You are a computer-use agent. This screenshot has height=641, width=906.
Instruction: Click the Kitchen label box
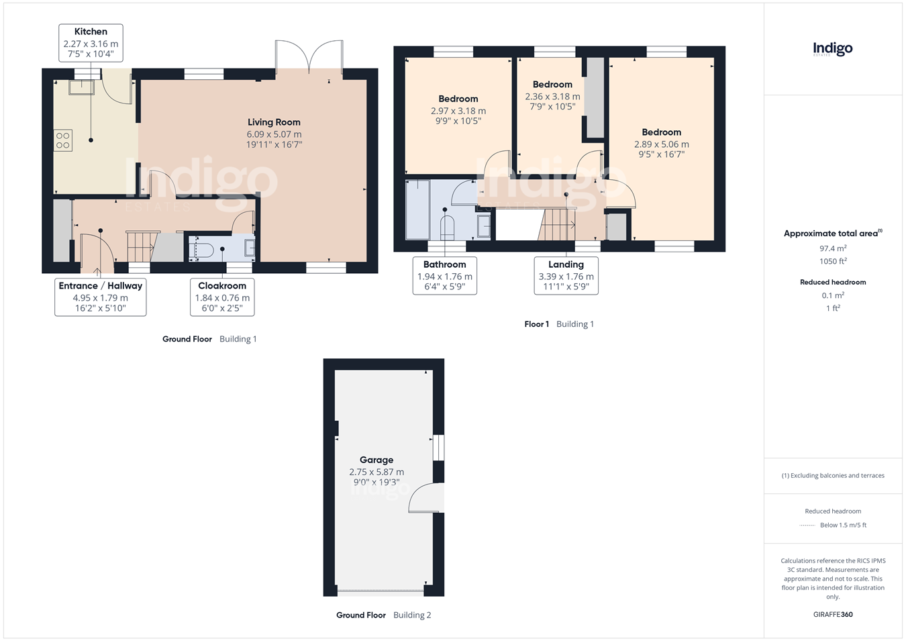click(91, 43)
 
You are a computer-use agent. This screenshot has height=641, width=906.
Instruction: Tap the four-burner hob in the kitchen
click(62, 140)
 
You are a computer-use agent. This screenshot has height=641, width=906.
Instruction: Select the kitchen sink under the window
click(81, 87)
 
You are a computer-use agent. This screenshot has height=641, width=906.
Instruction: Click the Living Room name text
click(274, 122)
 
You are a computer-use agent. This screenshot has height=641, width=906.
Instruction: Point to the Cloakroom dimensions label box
click(222, 297)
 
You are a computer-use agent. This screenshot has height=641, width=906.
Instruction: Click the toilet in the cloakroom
click(202, 250)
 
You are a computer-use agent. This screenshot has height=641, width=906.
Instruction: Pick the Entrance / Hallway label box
click(100, 297)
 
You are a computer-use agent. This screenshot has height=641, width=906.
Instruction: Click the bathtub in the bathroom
click(418, 210)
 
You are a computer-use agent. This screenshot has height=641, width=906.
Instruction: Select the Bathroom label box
click(444, 275)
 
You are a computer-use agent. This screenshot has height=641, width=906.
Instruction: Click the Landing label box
click(566, 275)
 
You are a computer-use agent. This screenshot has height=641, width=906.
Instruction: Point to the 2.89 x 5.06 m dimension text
click(661, 144)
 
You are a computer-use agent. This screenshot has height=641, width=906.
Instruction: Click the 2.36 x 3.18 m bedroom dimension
click(552, 97)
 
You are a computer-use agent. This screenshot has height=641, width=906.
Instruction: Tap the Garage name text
click(376, 460)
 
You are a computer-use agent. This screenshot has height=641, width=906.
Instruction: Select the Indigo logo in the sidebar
click(833, 49)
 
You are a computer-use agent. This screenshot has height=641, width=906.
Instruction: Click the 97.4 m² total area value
click(833, 248)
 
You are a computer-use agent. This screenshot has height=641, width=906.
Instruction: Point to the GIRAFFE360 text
click(833, 614)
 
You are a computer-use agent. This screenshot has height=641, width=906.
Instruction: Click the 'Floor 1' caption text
click(536, 324)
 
